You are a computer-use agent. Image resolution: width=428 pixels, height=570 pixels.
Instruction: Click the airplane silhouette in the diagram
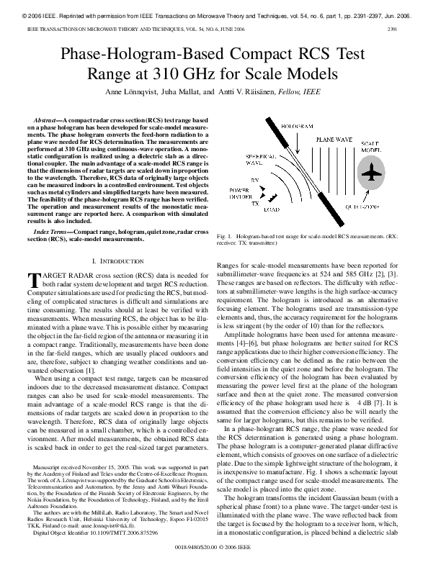(x=371, y=173)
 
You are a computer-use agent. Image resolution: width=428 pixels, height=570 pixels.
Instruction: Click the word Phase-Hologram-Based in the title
(x=136, y=55)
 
